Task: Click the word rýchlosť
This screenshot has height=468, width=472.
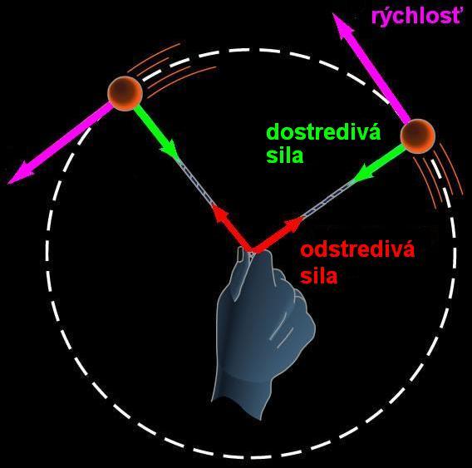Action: (416, 17)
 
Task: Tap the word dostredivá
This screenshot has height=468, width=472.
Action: (323, 132)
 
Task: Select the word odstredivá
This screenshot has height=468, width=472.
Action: (357, 250)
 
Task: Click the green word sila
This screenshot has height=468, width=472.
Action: (285, 155)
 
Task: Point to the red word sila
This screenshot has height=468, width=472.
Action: (319, 276)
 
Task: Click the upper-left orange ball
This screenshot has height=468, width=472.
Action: (125, 93)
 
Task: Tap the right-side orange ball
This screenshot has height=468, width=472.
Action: (417, 136)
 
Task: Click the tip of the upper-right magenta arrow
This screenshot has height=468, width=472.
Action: (334, 14)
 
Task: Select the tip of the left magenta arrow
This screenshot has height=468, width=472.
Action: (8, 183)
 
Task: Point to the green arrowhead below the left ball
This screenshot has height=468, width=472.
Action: (171, 150)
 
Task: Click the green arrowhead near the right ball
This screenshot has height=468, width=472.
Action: (363, 174)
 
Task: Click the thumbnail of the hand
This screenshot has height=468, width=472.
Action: (242, 254)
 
